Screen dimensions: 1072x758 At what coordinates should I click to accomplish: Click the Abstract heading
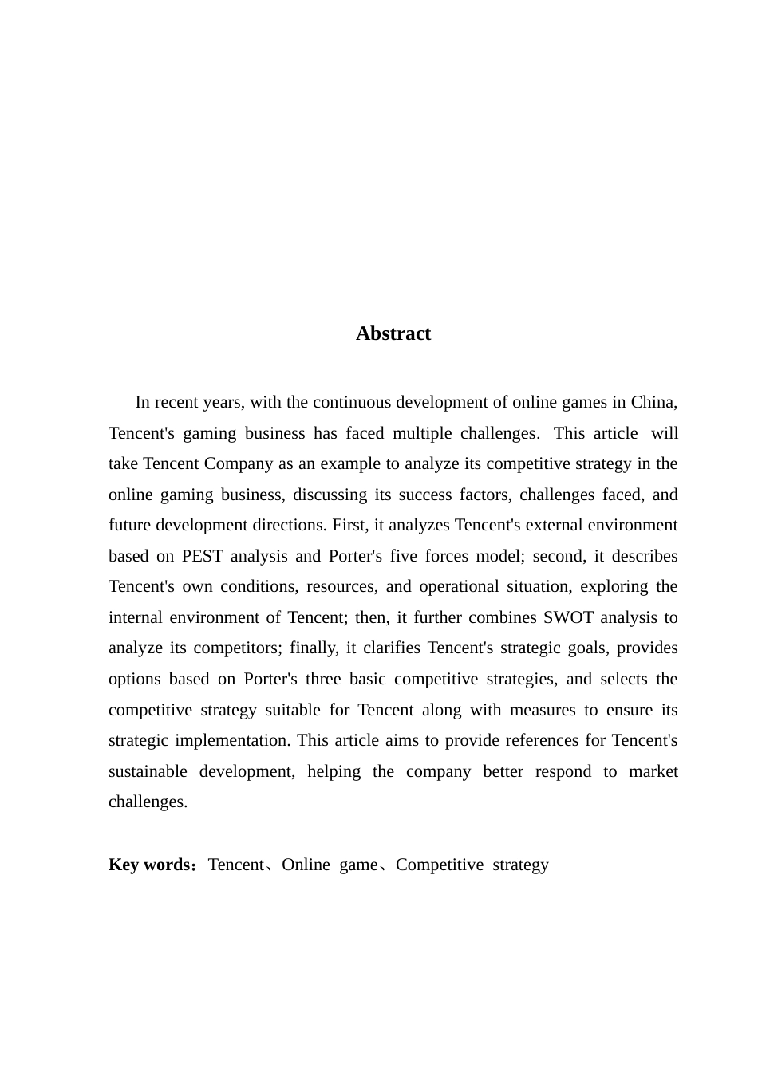point(393,333)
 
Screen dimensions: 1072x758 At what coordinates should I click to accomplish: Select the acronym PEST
point(202,556)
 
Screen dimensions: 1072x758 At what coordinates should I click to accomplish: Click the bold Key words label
point(150,865)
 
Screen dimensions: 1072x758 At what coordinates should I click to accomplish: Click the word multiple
point(421,433)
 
